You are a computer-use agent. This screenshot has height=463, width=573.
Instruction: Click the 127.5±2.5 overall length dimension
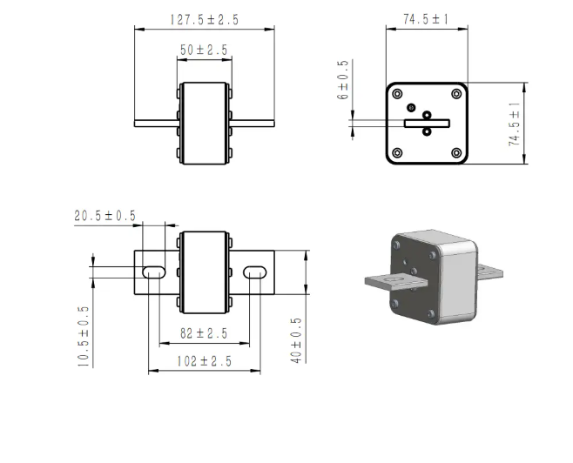pos(205,19)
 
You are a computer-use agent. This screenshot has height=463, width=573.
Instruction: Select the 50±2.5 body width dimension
pos(204,50)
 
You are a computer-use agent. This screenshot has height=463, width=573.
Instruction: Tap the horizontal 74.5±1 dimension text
pos(426,19)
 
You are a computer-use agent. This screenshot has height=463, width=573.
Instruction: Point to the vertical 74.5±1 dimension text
pos(514,124)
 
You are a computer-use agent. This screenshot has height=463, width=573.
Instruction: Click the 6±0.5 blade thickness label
pos(343,80)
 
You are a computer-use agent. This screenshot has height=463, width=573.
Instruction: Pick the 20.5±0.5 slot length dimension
pos(104,216)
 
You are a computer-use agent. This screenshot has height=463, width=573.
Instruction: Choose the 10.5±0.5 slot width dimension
pos(84,337)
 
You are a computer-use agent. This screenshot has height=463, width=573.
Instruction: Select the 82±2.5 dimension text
pos(204,333)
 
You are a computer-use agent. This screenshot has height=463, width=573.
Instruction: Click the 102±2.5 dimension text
pos(205,361)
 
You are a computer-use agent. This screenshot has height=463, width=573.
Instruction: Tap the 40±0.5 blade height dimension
pos(296,340)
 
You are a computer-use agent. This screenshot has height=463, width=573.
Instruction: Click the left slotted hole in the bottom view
pos(154,272)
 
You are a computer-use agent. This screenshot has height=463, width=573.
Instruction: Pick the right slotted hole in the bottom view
pos(255,272)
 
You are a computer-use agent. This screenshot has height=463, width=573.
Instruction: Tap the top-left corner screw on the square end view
pos(397,94)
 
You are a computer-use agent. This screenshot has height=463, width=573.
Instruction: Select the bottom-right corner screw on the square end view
pos(456,152)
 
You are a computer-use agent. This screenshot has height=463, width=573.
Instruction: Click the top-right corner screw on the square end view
pos(456,94)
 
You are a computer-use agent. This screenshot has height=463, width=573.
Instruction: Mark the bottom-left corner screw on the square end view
pos(397,152)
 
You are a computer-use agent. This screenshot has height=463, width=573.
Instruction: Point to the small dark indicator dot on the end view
pos(412,107)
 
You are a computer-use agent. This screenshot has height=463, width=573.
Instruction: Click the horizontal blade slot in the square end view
pos(427,124)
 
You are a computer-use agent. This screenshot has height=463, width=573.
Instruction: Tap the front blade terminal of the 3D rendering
pos(396,282)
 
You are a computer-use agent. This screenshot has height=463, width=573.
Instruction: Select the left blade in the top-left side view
pos(157,124)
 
